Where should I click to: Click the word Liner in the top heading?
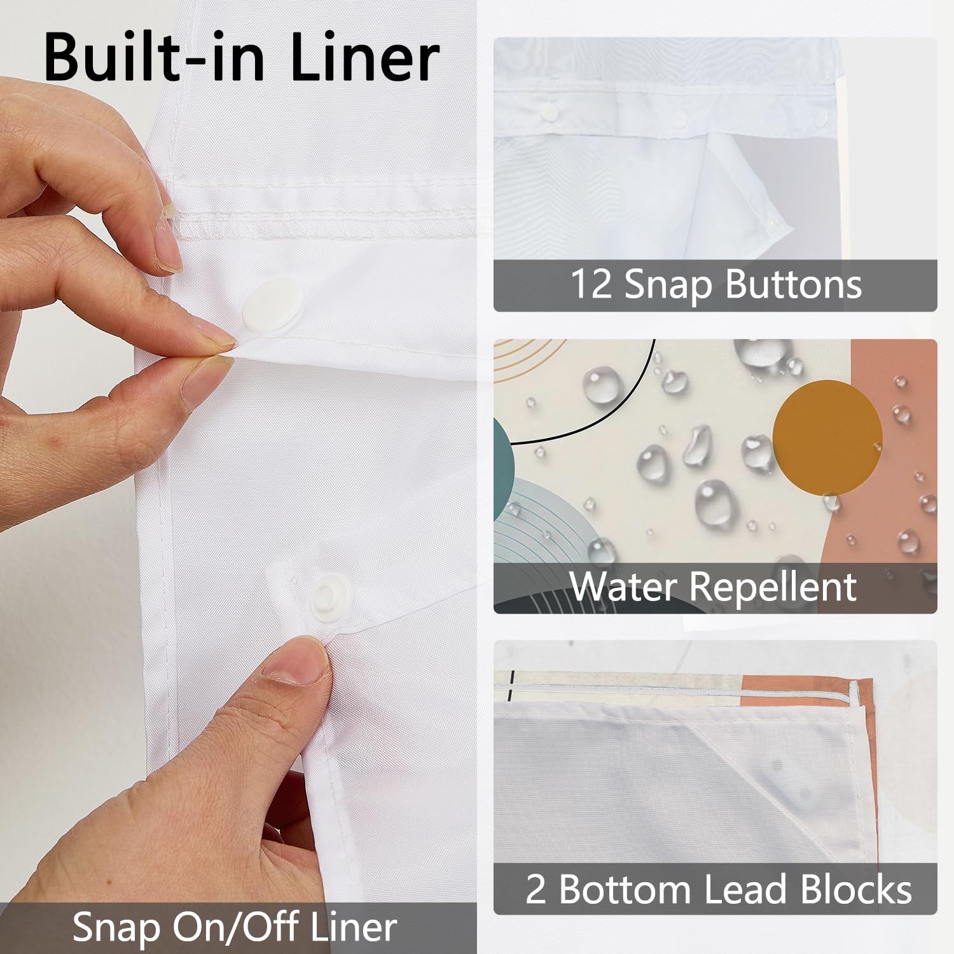(364, 57)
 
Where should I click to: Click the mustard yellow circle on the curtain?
(827, 436)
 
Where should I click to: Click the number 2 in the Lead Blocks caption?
(536, 889)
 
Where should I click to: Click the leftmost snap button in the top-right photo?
(548, 113)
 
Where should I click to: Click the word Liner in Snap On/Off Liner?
(354, 927)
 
